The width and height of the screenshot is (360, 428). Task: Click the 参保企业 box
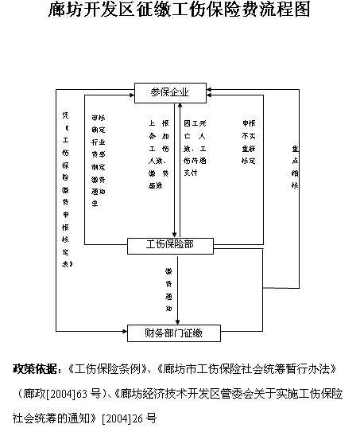(x=170, y=91)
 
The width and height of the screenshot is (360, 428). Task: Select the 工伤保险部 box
(x=171, y=245)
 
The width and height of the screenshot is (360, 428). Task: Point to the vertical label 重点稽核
(x=295, y=166)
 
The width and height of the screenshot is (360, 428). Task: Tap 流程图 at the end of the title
(x=285, y=10)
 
